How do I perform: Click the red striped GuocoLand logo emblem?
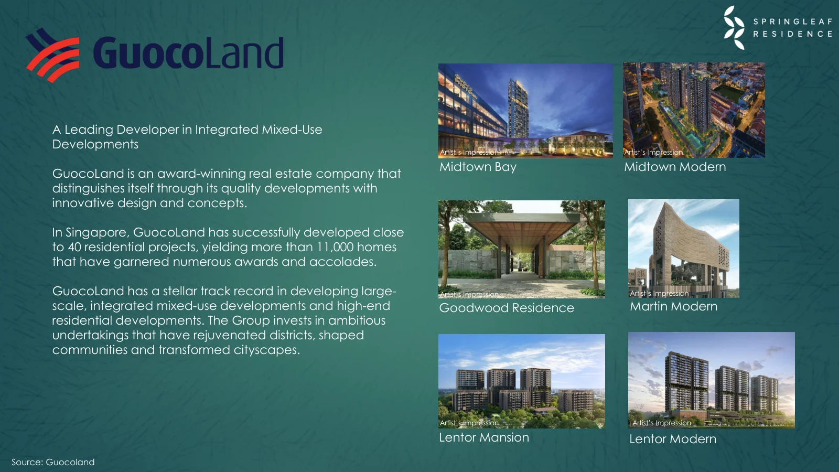[x=53, y=55]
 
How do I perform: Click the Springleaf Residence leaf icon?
[x=734, y=28]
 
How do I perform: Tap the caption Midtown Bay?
[x=478, y=167]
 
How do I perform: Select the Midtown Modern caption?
[x=675, y=167]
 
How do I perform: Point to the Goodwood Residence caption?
[x=507, y=308]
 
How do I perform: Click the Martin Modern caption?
[x=673, y=306]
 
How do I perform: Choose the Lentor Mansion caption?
[x=483, y=437]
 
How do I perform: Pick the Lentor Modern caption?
[x=672, y=439]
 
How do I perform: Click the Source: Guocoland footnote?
[x=53, y=462]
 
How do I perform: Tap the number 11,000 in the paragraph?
[x=335, y=247]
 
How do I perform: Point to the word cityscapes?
[x=266, y=350]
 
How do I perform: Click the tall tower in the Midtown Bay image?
[x=518, y=108]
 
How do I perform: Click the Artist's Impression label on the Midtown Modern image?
[x=653, y=153]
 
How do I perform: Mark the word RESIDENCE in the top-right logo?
[x=792, y=34]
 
